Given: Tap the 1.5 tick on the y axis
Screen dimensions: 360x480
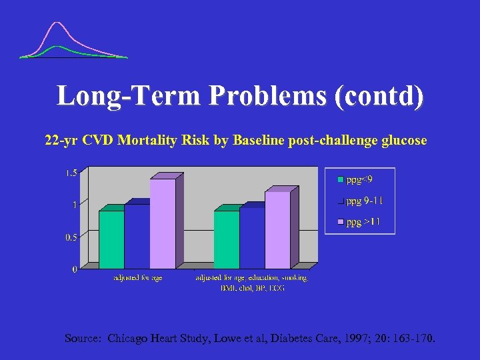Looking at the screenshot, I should [x=71, y=173].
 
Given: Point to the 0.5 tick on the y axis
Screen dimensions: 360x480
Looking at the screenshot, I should [x=71, y=237].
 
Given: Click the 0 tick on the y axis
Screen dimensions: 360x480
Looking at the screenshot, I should [x=74, y=269].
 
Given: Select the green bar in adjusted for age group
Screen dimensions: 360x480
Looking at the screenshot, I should [x=111, y=239].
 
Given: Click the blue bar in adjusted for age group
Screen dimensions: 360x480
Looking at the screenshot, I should [x=137, y=236].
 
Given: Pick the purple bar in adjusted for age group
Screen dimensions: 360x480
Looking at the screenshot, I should [x=163, y=223].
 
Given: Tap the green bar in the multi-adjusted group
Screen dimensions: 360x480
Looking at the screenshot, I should [x=226, y=239].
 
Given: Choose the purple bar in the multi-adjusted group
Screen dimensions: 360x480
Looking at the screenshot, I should [x=277, y=229].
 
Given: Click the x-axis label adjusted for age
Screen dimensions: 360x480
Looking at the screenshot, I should [x=137, y=278].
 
